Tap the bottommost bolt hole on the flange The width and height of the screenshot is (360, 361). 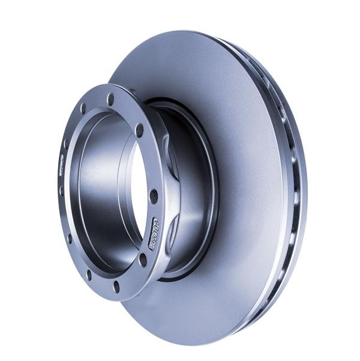(x=116, y=287)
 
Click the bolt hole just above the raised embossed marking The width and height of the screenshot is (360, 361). (x=154, y=195)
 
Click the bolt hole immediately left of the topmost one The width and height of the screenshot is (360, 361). (x=83, y=109)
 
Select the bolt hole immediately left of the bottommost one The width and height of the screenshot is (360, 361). (x=89, y=273)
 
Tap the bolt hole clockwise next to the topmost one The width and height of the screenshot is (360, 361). (x=139, y=129)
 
